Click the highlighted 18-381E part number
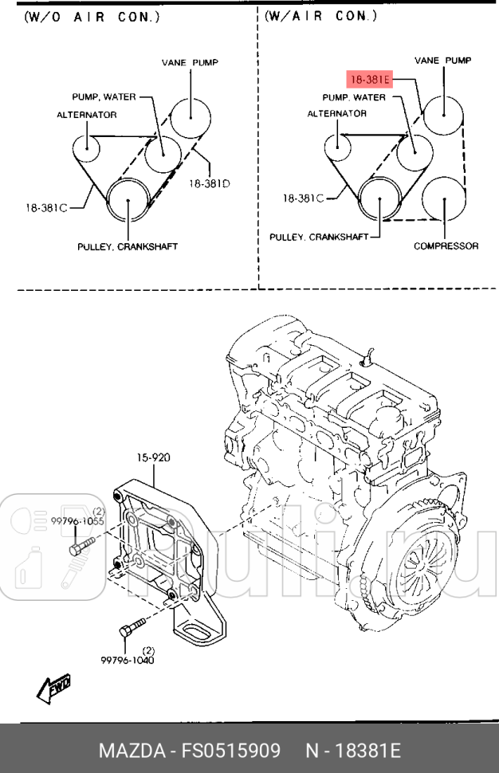367,80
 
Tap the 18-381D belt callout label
209,182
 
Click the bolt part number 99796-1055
78,520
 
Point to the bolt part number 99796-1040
127,660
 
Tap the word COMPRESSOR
446,246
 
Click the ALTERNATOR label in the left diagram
86,115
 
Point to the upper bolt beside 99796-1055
81,547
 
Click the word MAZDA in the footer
128,751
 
